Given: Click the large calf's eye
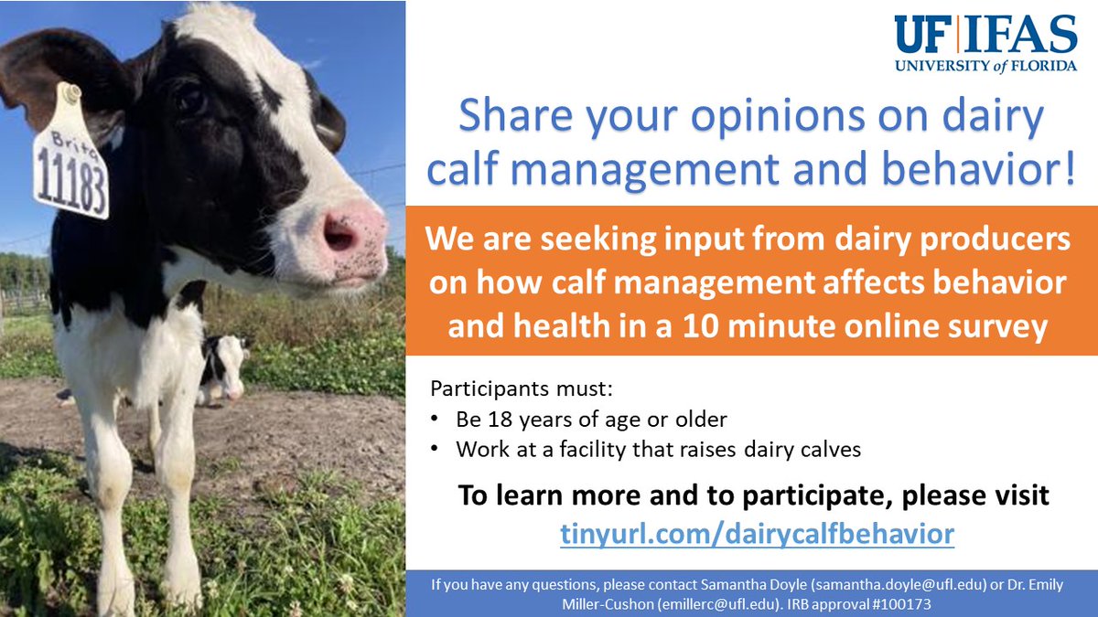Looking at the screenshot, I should click(x=190, y=98).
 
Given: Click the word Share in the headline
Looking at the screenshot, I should click(x=520, y=119).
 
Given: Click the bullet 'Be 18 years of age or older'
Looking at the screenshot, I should click(x=591, y=420).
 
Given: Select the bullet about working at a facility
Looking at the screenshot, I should click(x=658, y=449).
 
